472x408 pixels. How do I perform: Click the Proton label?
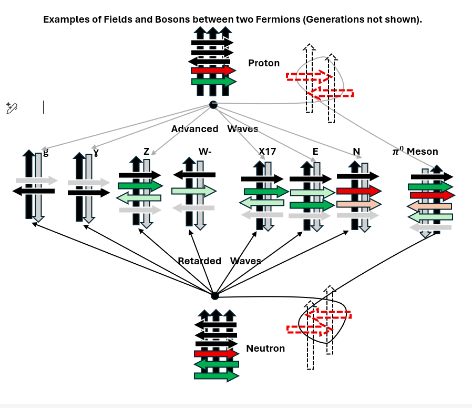[x=264, y=63]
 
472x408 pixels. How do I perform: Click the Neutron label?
[x=265, y=349]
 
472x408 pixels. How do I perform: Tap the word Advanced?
[x=194, y=129]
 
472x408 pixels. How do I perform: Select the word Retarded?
[x=199, y=261]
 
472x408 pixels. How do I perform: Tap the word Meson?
[x=423, y=152]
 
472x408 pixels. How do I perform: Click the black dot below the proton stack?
[x=213, y=105]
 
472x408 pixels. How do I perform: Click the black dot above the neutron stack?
[x=214, y=296]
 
